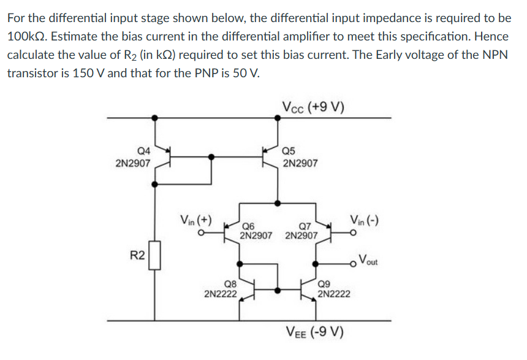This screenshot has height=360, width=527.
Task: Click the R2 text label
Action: click(x=137, y=255)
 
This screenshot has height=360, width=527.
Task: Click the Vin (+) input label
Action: click(x=195, y=220)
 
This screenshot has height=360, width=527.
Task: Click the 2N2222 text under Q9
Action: click(x=334, y=294)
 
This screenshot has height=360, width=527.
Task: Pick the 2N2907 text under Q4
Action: click(x=132, y=163)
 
